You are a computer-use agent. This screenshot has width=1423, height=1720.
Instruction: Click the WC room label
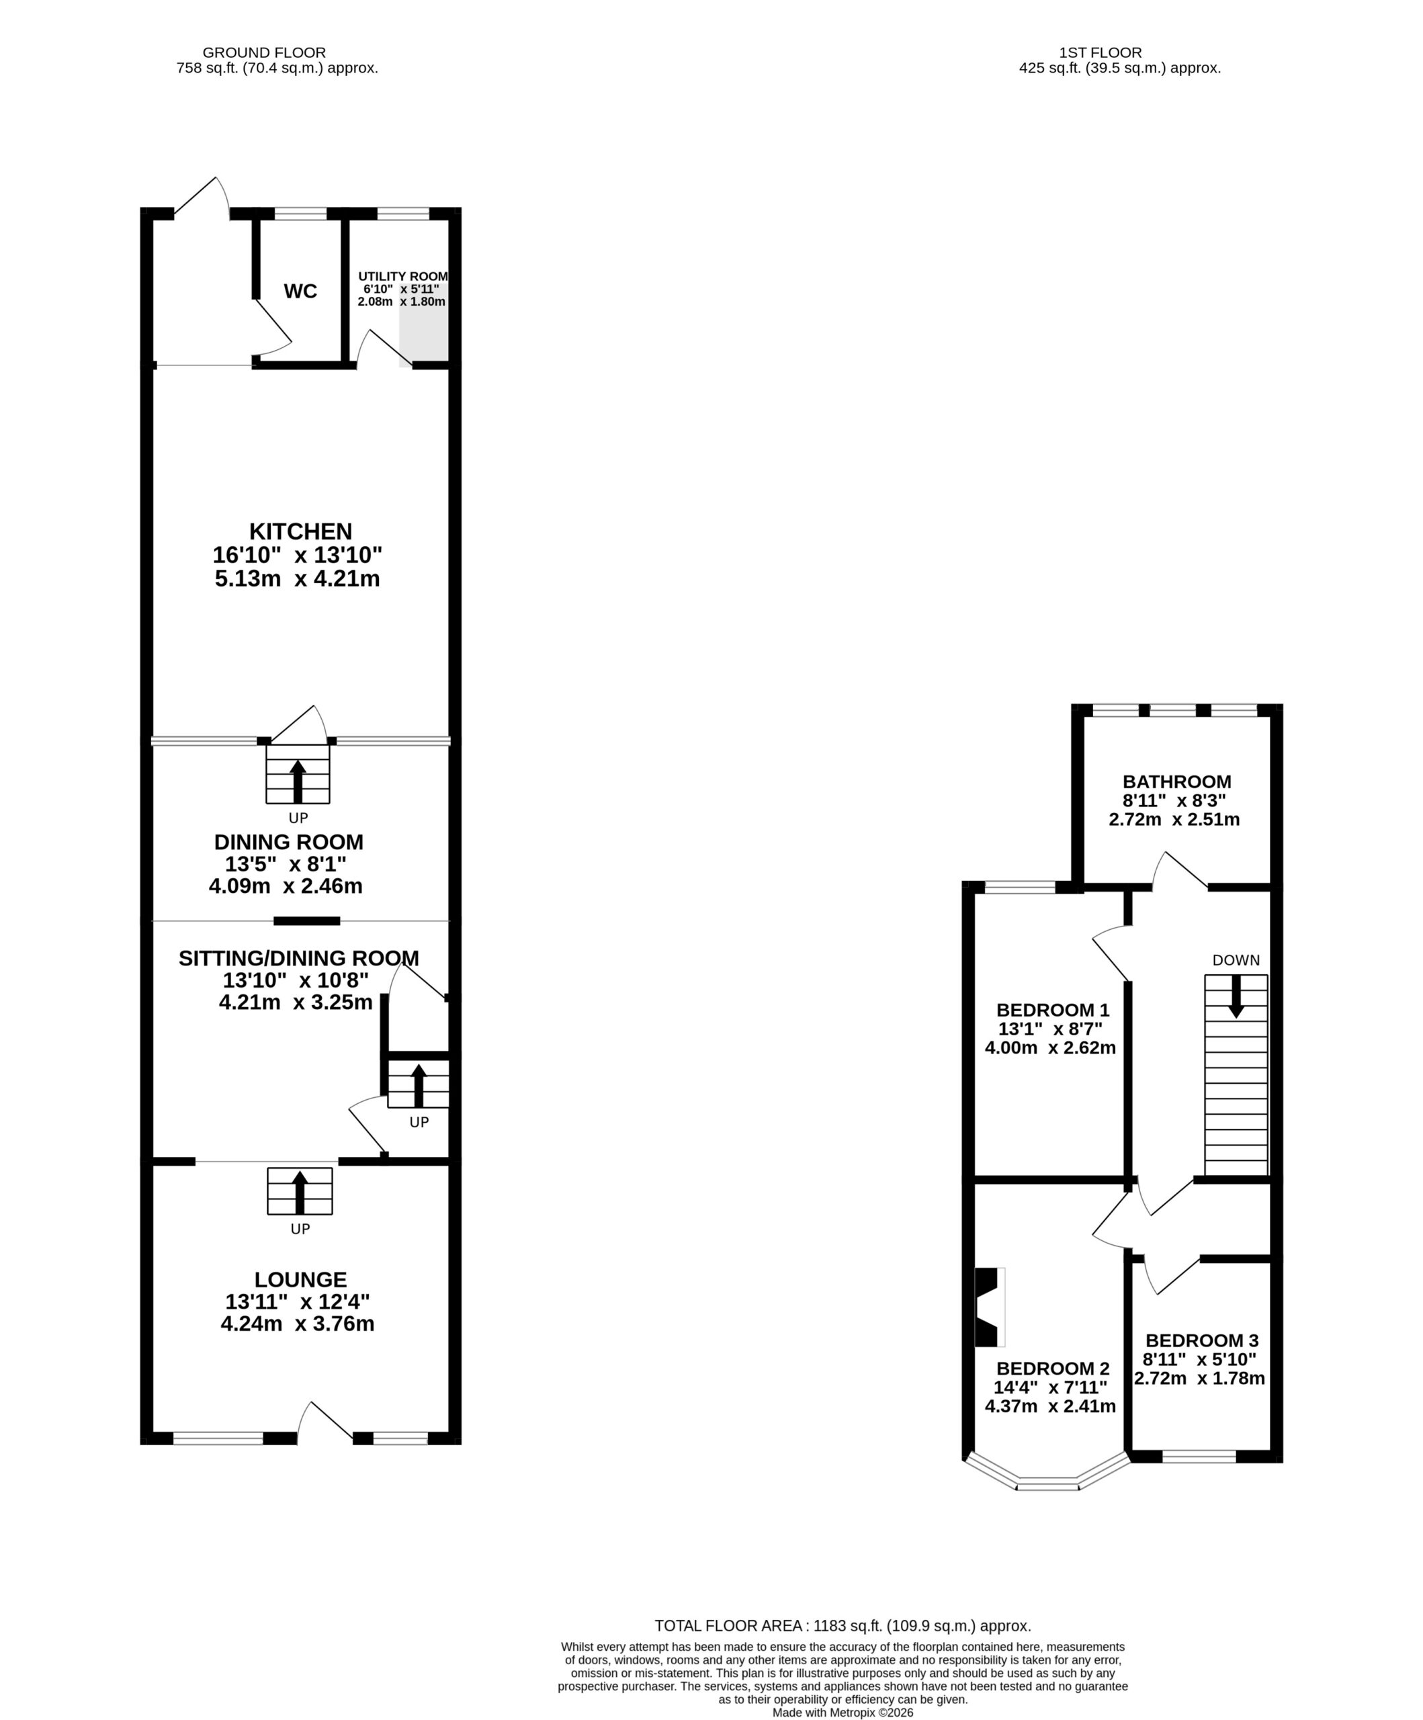coord(300,292)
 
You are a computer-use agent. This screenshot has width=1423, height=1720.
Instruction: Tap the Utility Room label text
coord(403,277)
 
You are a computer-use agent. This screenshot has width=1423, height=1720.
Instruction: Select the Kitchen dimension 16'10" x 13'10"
coord(298,556)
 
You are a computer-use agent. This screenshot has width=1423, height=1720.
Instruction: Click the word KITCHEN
coord(300,531)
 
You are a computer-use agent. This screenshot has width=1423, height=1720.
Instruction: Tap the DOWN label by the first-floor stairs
coord(1236,960)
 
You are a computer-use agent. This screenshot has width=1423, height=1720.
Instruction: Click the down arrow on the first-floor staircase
coord(1236,996)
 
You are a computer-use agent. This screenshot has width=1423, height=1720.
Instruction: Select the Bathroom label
coord(1176,782)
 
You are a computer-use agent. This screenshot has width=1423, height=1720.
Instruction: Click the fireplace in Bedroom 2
coord(989,1307)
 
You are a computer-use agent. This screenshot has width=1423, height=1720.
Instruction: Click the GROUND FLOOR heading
coord(264,53)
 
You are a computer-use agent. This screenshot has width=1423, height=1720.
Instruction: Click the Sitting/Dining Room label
coord(299,958)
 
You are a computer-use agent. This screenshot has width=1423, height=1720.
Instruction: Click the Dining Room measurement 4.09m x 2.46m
coord(286,886)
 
